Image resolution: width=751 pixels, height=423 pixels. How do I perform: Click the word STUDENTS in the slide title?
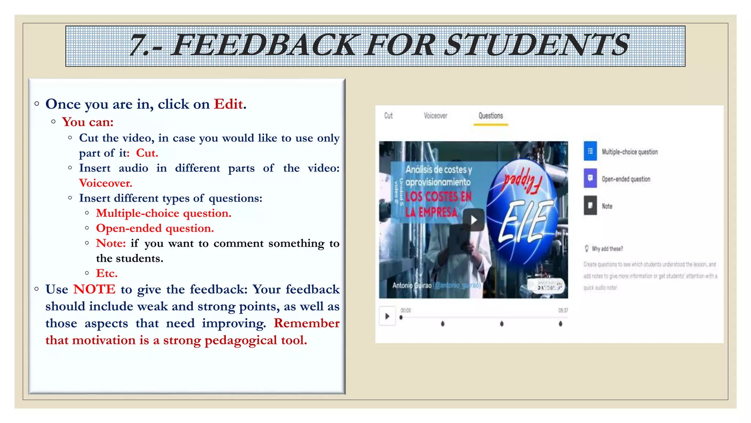[538, 46]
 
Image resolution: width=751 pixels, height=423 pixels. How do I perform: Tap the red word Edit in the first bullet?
[228, 104]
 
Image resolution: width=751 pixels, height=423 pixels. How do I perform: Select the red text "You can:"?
[88, 122]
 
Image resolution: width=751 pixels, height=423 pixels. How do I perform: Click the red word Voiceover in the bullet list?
[106, 183]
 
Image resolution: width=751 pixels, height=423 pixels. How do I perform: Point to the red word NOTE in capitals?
[94, 289]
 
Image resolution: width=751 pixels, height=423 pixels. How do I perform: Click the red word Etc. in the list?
[107, 273]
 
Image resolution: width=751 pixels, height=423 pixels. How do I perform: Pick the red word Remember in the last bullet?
[307, 323]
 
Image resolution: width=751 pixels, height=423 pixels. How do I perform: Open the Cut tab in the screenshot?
[388, 116]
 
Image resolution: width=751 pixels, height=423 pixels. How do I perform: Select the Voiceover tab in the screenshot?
[436, 116]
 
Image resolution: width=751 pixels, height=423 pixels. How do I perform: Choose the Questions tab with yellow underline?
[491, 116]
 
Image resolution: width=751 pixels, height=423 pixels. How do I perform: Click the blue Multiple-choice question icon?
[590, 151]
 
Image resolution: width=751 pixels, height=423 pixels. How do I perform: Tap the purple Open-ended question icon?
[590, 178]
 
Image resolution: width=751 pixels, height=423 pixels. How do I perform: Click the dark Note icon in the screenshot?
[590, 206]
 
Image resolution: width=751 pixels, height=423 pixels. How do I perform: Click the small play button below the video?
[387, 316]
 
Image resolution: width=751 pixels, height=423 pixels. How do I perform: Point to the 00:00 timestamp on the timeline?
[406, 310]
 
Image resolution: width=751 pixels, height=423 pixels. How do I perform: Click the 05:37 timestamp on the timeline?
[563, 310]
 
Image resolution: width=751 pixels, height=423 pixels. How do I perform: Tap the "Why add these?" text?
[607, 249]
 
